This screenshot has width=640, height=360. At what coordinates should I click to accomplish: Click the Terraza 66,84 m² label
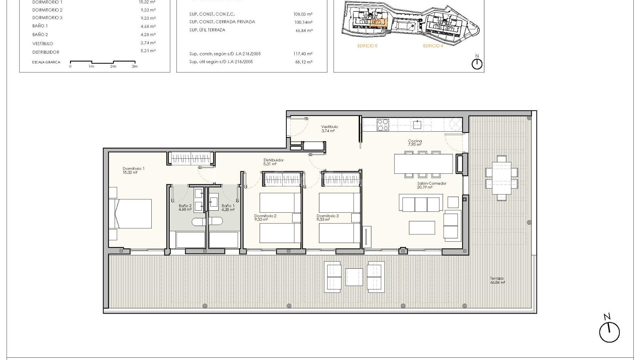pos(497,280)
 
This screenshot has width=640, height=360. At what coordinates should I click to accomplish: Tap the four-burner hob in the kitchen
pos(382,125)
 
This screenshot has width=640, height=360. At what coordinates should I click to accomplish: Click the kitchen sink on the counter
pos(417,125)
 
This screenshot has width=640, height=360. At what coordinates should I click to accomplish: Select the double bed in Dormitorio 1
pos(131,214)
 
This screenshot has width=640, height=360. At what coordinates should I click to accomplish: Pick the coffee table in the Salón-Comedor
pos(422,228)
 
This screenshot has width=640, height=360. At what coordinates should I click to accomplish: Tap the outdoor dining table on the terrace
pos(501,178)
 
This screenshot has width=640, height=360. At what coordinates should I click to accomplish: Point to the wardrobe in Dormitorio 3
pos(341,179)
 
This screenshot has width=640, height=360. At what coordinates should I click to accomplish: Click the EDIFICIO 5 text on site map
pos(367,46)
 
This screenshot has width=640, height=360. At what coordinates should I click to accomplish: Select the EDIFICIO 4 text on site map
pos(433,46)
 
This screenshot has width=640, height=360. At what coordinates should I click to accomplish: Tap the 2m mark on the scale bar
pos(113,66)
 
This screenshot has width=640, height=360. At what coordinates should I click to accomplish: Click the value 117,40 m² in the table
pos(303,54)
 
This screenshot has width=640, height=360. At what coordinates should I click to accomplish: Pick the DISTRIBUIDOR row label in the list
pos(46,52)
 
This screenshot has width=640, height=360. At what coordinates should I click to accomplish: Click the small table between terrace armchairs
pos(354,277)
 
